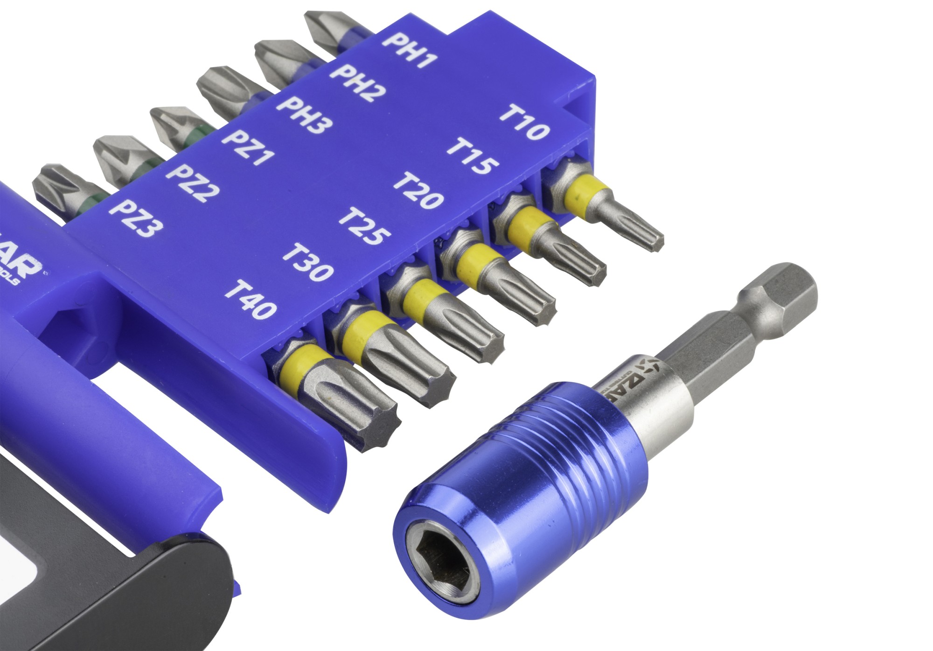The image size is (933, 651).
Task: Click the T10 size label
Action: (x=525, y=123)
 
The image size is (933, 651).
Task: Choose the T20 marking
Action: (x=418, y=190)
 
